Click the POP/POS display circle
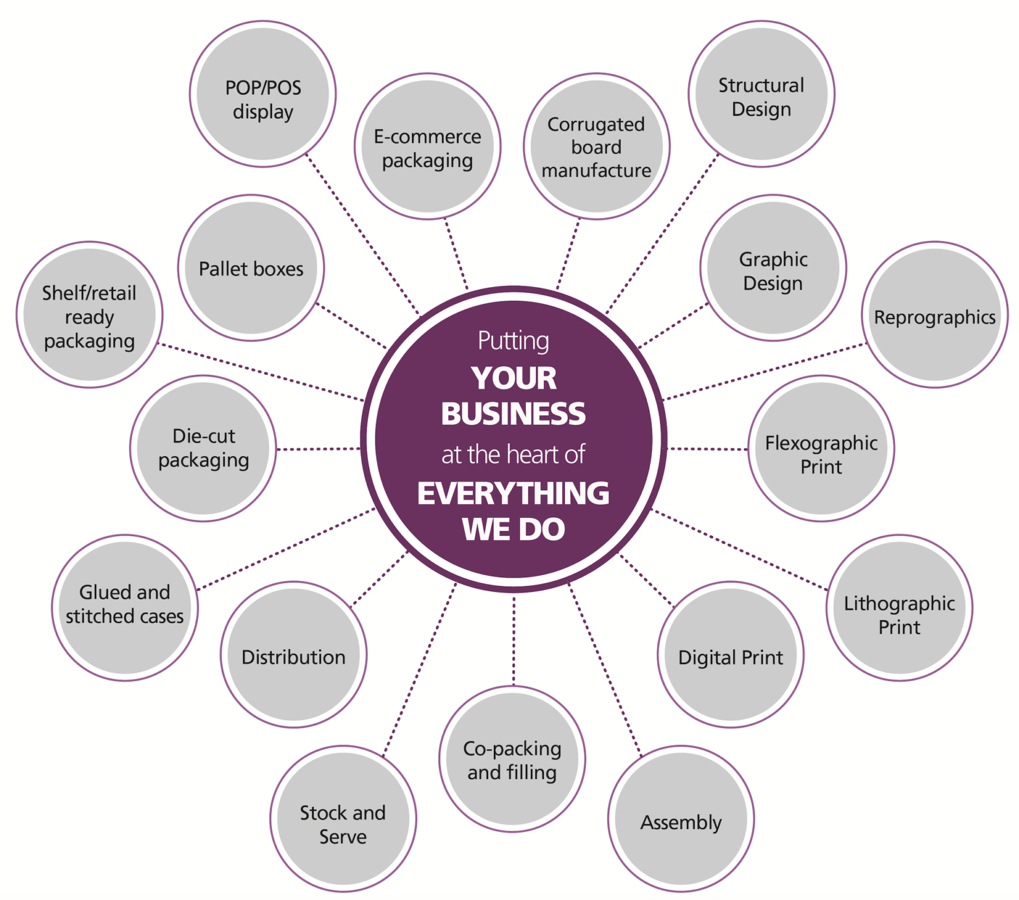(263, 94)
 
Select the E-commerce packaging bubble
(428, 147)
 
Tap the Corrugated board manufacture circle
(597, 147)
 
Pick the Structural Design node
(761, 94)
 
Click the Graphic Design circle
(773, 268)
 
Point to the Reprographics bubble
(935, 315)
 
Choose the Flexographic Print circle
(821, 448)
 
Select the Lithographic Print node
(899, 608)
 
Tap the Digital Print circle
(730, 655)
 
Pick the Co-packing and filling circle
(512, 759)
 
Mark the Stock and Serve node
(343, 819)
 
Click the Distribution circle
(294, 655)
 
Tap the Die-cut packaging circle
(203, 448)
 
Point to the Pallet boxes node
(251, 268)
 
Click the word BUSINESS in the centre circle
(513, 414)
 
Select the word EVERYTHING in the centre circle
(513, 493)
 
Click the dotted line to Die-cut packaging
(318, 449)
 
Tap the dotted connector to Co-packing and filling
(513, 640)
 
